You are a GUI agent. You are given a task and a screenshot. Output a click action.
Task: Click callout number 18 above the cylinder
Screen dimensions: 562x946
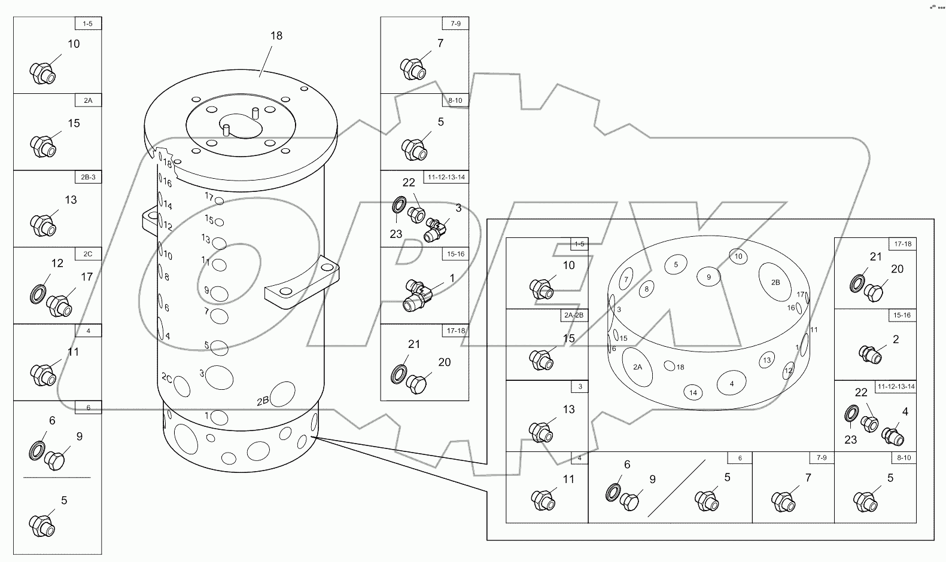pyautogui.click(x=276, y=36)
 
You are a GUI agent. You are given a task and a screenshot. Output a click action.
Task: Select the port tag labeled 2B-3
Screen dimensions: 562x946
pyautogui.click(x=88, y=178)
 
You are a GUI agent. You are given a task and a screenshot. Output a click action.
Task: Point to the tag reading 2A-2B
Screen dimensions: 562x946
pyautogui.click(x=575, y=315)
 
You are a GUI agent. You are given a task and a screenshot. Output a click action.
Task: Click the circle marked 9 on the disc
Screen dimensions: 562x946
pyautogui.click(x=709, y=277)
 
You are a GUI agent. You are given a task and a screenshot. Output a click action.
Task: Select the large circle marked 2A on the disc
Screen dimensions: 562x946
pyautogui.click(x=637, y=367)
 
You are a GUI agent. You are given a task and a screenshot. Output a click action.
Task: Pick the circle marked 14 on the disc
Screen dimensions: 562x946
pyautogui.click(x=693, y=393)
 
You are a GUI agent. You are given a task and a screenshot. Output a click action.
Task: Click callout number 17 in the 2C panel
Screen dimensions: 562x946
pyautogui.click(x=87, y=277)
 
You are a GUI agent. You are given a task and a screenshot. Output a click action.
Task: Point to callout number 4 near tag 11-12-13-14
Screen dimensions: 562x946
pyautogui.click(x=905, y=411)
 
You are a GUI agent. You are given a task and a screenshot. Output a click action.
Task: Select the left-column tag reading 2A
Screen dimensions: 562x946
pyautogui.click(x=88, y=100)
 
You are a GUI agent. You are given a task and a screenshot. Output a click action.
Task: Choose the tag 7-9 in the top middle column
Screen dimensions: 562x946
pyautogui.click(x=455, y=23)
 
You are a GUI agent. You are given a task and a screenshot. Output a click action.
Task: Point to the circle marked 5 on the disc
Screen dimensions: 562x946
pyautogui.click(x=676, y=264)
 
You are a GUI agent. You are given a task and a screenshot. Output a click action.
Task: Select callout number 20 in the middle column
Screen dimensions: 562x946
pyautogui.click(x=444, y=362)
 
